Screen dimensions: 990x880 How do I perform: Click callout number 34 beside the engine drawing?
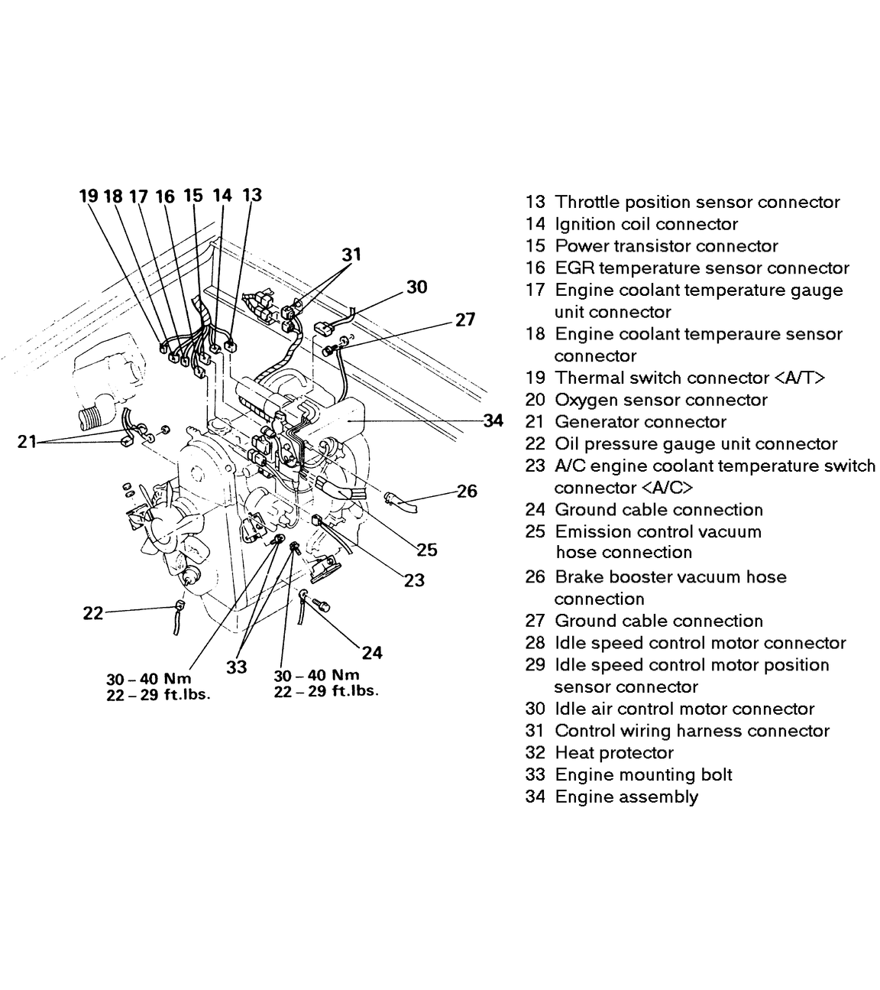[x=493, y=420]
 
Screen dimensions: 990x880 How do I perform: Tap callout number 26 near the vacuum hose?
[x=467, y=491]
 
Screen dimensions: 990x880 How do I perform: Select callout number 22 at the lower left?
[x=92, y=612]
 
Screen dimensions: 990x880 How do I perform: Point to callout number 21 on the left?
[x=27, y=441]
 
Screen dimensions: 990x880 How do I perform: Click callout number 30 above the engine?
[x=416, y=287]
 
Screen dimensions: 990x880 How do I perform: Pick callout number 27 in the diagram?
[x=465, y=320]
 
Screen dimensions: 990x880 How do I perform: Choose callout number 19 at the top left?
[x=89, y=196]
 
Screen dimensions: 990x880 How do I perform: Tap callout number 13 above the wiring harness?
[x=251, y=195]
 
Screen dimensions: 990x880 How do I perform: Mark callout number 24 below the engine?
[x=372, y=652]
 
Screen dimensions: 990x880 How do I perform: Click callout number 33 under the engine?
[x=237, y=667]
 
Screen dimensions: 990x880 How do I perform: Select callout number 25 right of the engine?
[x=427, y=549]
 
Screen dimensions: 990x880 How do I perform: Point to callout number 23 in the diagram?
[x=414, y=580]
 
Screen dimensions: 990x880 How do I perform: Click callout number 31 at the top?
[x=351, y=255]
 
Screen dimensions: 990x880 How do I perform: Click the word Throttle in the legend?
[x=587, y=202]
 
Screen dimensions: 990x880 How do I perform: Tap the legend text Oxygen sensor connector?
[x=661, y=400]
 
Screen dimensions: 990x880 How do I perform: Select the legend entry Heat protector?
[x=614, y=752]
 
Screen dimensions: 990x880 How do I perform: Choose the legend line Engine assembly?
[x=626, y=797]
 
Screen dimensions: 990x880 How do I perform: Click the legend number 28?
[x=535, y=643]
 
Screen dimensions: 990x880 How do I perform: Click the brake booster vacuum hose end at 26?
[x=400, y=502]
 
